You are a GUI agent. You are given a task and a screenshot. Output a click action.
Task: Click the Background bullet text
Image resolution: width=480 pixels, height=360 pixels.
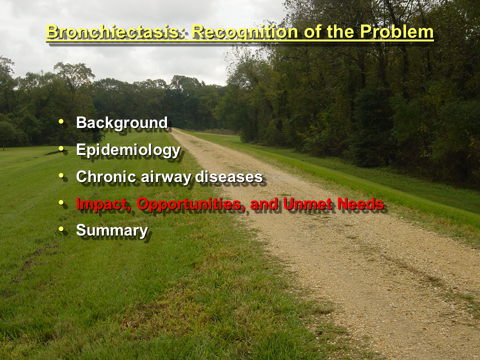pyautogui.click(x=122, y=123)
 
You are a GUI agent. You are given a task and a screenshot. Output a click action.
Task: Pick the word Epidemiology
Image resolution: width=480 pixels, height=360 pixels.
pyautogui.click(x=128, y=150)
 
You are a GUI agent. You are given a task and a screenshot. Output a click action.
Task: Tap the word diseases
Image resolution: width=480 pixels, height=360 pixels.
pyautogui.click(x=229, y=176)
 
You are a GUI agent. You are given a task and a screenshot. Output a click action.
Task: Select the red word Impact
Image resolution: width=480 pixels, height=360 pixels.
pyautogui.click(x=103, y=204)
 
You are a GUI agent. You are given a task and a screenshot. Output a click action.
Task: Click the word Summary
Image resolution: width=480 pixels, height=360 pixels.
pyautogui.click(x=112, y=231)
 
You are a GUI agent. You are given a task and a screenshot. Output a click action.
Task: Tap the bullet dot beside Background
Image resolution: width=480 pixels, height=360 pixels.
pyautogui.click(x=61, y=121)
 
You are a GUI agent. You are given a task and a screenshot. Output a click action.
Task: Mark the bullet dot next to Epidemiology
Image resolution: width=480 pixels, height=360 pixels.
pyautogui.click(x=61, y=148)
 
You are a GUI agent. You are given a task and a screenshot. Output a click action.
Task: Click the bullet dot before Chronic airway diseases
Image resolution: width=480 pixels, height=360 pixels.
pyautogui.click(x=61, y=175)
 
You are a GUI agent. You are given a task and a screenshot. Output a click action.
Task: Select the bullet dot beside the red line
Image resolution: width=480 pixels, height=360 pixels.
pyautogui.click(x=61, y=202)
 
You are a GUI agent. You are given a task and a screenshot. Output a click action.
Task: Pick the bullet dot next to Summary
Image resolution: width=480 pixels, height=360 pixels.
pyautogui.click(x=61, y=229)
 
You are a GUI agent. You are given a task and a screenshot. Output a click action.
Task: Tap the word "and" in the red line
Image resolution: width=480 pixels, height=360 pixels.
pyautogui.click(x=264, y=203)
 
